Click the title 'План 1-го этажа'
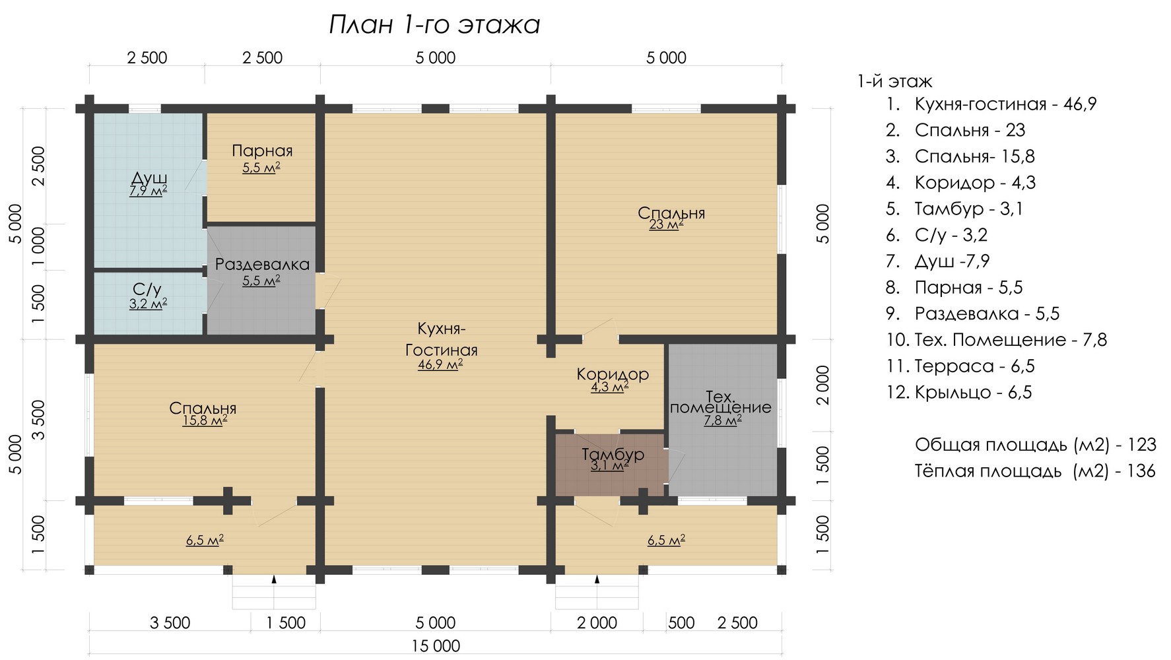point(434,25)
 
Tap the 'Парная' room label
point(262,151)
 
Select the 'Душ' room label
point(149,178)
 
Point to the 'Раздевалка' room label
point(262,265)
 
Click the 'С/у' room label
point(147,289)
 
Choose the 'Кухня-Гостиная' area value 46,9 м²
point(440,364)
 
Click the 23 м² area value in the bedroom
point(666,225)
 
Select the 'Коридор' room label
point(613,374)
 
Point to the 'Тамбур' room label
point(613,455)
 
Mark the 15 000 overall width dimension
point(436,646)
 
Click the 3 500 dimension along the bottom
point(170,623)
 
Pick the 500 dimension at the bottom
point(681,623)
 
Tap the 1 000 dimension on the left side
point(38,247)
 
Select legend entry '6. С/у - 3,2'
point(937,236)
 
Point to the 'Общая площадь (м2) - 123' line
point(1035,445)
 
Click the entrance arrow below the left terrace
point(274,579)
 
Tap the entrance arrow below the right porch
point(597,579)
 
